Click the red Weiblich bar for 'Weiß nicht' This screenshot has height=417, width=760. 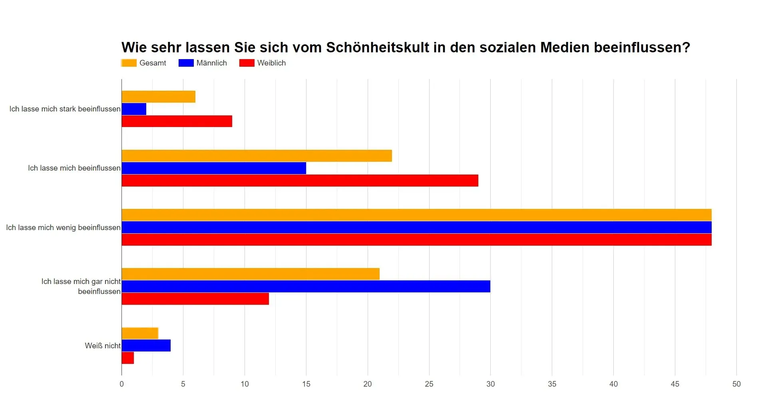coord(128,358)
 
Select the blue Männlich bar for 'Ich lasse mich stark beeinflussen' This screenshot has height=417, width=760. coord(134,109)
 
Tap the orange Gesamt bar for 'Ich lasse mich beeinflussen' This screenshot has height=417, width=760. coord(257,156)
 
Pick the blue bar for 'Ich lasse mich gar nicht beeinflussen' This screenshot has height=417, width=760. coord(306,286)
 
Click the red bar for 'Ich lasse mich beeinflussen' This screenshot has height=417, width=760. coord(300,181)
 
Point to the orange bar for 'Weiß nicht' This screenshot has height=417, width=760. coord(140,333)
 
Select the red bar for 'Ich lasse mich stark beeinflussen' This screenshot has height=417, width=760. coord(177,121)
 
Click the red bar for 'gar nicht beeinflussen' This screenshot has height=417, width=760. coord(195,299)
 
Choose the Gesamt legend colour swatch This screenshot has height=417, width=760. coord(129,63)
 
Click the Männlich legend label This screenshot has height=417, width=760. coord(211,63)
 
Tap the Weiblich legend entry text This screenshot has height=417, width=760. coord(271,63)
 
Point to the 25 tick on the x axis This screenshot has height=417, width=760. coord(429,384)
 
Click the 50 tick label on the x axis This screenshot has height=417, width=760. coord(736,384)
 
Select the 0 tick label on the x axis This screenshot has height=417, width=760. coord(122,384)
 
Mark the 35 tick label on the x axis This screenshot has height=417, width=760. coord(552,384)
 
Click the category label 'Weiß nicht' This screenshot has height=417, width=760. coord(102,346)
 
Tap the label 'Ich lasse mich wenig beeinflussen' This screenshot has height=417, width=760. coord(63,228)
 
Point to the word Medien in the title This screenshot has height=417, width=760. coord(565,48)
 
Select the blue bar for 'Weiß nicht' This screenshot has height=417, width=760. coord(146,346)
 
